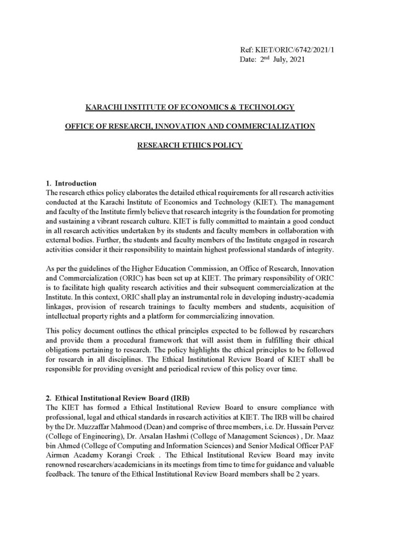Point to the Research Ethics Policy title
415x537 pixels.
(x=189, y=145)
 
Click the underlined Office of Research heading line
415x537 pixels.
(x=189, y=126)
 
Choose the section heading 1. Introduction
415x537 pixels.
(x=71, y=183)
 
